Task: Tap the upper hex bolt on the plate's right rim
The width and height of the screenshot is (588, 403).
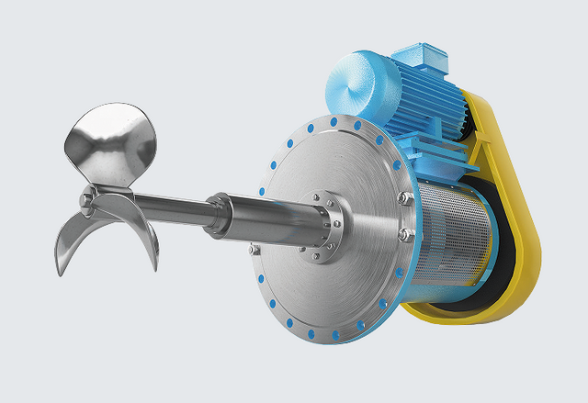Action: tap(401, 196)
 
